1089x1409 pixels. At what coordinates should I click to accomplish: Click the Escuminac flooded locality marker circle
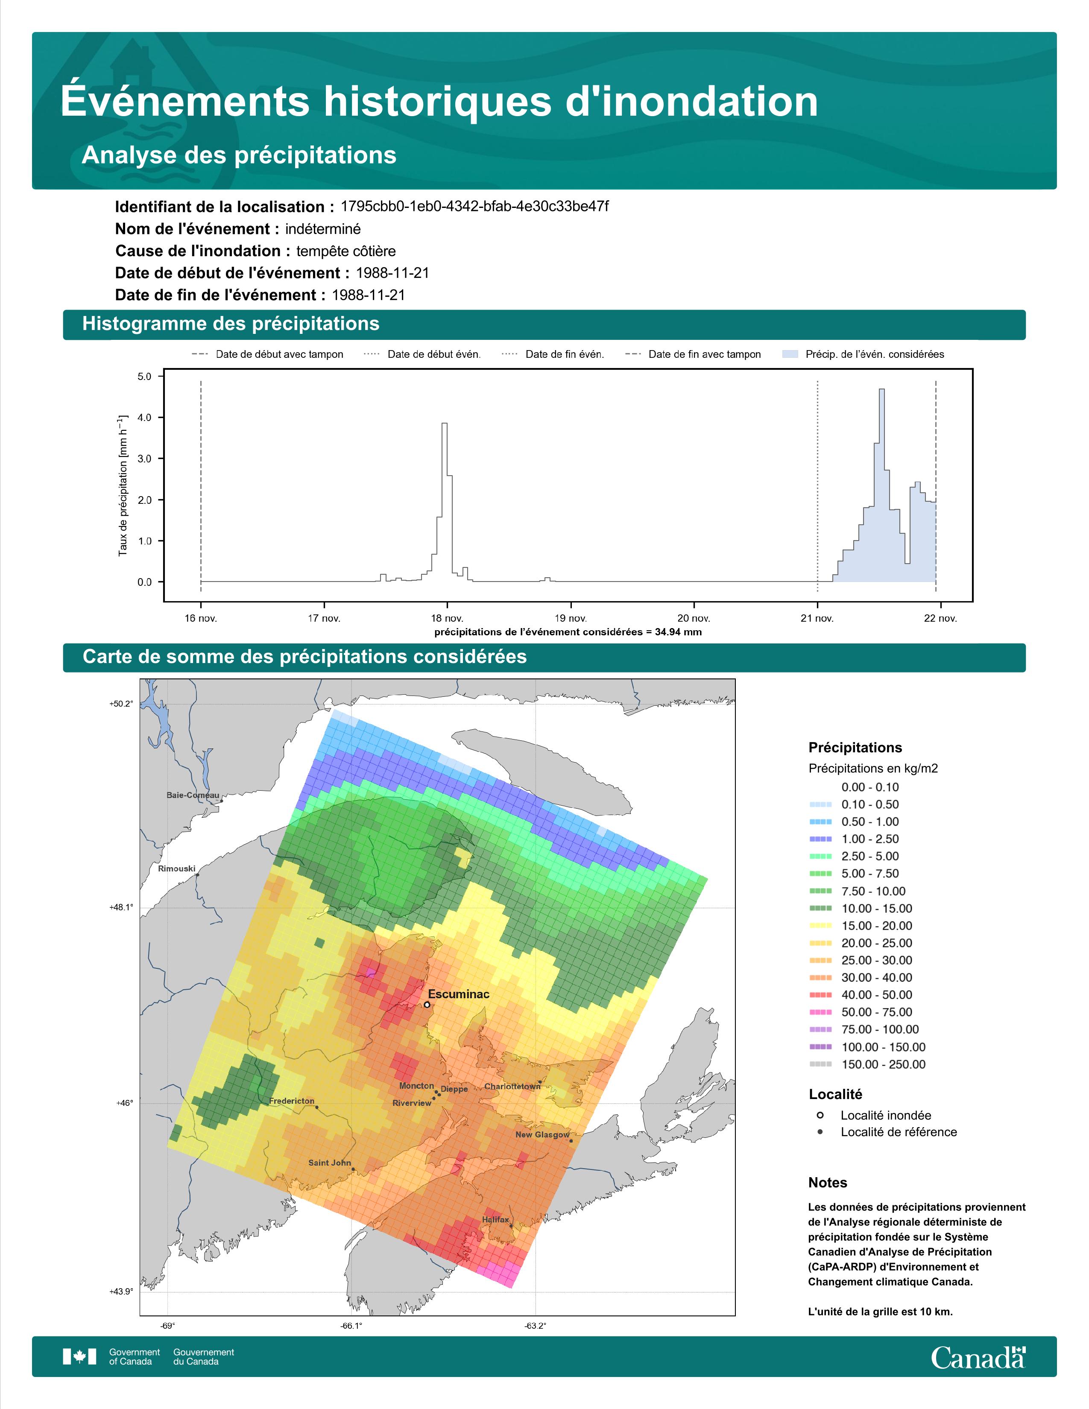pyautogui.click(x=427, y=1005)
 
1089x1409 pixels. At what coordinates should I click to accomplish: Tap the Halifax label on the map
pyautogui.click(x=495, y=1219)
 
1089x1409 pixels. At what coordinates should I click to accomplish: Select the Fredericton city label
pyautogui.click(x=292, y=1101)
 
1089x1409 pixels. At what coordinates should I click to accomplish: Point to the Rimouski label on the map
pyautogui.click(x=177, y=868)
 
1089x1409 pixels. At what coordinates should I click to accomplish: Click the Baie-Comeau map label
pyautogui.click(x=193, y=795)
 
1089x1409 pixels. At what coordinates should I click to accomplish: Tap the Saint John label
pyautogui.click(x=330, y=1163)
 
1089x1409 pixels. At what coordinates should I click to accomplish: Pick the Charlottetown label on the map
pyautogui.click(x=512, y=1087)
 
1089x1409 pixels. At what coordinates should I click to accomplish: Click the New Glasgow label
pyautogui.click(x=542, y=1135)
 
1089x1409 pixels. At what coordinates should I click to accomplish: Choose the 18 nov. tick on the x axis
pyautogui.click(x=447, y=618)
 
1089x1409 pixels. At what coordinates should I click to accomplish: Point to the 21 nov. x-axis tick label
pyautogui.click(x=817, y=618)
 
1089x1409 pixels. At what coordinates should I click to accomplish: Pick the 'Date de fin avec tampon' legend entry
pyautogui.click(x=694, y=354)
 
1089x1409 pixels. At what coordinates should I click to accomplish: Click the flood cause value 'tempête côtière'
pyautogui.click(x=346, y=251)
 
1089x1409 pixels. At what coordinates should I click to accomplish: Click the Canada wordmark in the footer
pyautogui.click(x=978, y=1357)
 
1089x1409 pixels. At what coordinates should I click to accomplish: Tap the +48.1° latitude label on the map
pyautogui.click(x=121, y=908)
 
